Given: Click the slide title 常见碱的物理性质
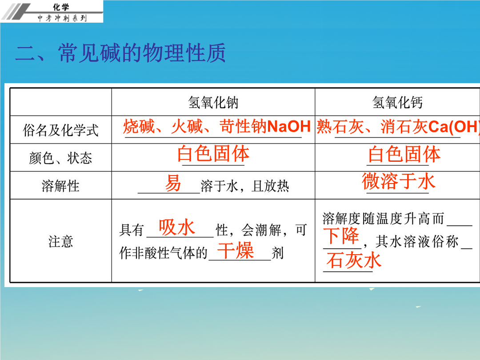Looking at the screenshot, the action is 142,53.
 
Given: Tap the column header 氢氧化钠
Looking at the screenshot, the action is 213,102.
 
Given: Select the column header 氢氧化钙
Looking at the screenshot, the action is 397,102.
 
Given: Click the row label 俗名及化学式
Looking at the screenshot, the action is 60,130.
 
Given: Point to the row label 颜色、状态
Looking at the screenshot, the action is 60,158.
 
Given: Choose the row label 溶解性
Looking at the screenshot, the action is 60,186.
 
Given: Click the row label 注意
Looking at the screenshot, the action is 60,241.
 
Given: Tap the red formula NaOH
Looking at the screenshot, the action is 289,126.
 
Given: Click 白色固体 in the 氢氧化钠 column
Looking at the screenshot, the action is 213,153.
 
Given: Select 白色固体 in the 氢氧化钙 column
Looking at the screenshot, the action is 404,154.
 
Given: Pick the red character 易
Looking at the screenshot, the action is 173,183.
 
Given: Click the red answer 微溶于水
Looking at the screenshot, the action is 398,181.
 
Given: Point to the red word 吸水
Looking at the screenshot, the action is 176,228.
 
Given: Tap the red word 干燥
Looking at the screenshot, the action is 235,250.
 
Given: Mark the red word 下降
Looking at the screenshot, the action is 341,236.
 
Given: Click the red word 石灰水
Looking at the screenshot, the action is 354,260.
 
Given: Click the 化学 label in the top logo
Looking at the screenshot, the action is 61,7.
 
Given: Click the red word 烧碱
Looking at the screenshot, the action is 139,126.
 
